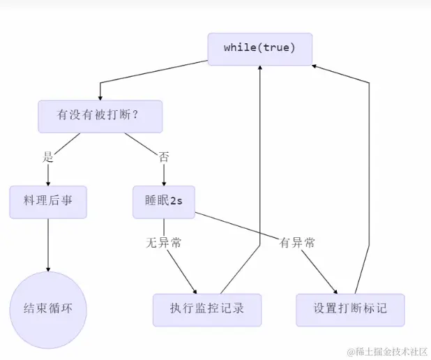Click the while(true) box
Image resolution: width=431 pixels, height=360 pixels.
tap(259, 48)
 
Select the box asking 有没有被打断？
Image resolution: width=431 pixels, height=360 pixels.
tap(100, 117)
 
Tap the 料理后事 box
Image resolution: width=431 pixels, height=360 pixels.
tap(48, 202)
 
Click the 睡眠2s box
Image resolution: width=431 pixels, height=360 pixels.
tap(164, 202)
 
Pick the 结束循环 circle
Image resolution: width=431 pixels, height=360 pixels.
tap(48, 310)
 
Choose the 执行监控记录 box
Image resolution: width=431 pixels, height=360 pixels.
tap(207, 310)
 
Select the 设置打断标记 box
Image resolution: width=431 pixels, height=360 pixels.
tap(350, 310)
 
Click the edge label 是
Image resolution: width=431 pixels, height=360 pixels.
tap(48, 157)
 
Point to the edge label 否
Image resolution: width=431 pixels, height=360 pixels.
tap(164, 157)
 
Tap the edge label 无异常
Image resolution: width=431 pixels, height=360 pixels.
tap(164, 243)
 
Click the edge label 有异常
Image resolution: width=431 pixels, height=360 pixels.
tap(297, 243)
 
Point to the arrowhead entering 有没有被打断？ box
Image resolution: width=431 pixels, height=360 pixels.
tap(100, 97)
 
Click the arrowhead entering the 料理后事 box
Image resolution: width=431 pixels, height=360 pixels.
tap(48, 183)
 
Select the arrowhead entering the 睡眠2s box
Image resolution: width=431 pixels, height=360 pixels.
tap(164, 183)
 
